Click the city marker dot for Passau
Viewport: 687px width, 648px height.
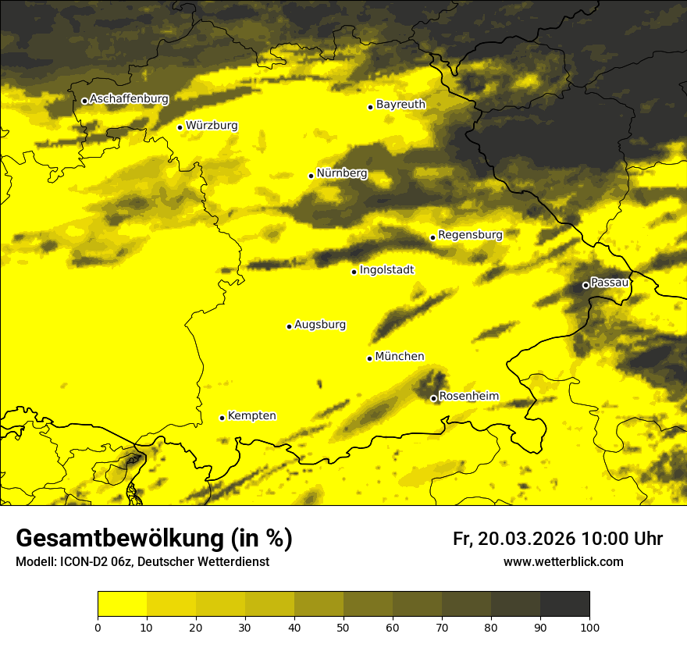586,285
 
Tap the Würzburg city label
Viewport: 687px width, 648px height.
212,126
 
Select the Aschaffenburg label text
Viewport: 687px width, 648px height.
129,99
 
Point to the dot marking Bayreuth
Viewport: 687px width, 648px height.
371,107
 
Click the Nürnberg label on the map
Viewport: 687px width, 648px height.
342,173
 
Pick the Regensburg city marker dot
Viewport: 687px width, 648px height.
432,237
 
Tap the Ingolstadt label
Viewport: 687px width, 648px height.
386,270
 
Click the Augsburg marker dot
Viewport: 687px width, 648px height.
289,326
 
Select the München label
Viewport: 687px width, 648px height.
400,357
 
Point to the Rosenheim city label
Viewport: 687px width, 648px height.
468,397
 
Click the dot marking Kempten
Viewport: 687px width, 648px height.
222,418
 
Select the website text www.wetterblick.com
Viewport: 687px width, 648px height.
563,561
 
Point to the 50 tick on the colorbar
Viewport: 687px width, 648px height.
343,627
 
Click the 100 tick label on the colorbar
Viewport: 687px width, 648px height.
589,627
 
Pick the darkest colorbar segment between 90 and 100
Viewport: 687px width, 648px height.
564,604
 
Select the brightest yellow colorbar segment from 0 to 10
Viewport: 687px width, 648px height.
122,604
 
